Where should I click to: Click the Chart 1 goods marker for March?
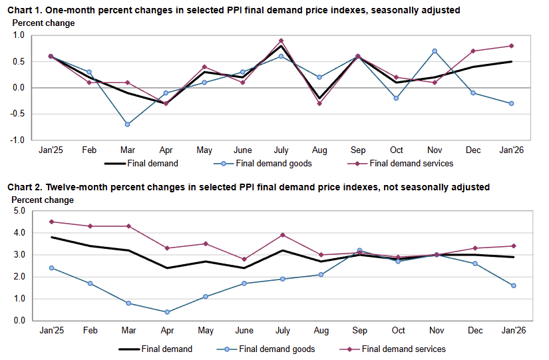(127, 124)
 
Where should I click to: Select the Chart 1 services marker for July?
(281, 41)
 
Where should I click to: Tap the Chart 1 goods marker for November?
(435, 51)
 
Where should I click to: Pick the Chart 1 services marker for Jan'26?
(512, 46)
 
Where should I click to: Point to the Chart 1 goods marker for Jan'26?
(512, 103)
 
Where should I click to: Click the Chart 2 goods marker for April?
(166, 312)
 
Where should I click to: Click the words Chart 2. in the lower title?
(26, 188)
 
